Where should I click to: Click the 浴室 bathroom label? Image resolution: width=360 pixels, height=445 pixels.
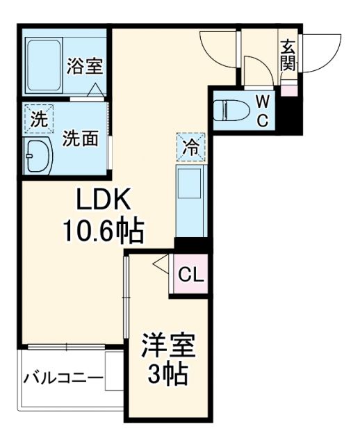tap(85, 67)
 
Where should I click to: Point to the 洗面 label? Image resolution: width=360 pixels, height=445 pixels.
tap(79, 138)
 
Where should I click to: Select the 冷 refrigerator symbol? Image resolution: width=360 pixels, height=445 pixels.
tap(189, 147)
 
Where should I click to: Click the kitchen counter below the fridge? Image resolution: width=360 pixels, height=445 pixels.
tap(189, 202)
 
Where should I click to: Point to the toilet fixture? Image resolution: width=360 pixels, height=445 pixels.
tap(230, 110)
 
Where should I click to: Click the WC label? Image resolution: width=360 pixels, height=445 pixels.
tap(262, 111)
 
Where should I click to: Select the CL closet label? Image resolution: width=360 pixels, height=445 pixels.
tap(190, 275)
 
